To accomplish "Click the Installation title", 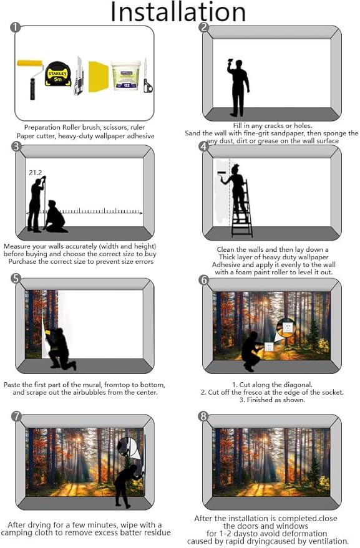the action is pos(178,12).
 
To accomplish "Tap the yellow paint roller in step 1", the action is pos(31,79).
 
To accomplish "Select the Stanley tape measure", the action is pos(58,74).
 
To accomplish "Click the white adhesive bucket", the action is pos(125,76).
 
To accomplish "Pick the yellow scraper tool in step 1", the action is pos(98,77).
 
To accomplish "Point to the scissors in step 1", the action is pos(147,76).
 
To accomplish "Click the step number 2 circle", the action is pos(203,27).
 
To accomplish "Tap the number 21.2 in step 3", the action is pos(36,173).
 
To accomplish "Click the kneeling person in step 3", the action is pos(56,217).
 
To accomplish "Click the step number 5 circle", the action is pos(16,279).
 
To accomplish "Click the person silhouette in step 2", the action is pos(238,87).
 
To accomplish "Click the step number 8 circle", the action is pos(203,416).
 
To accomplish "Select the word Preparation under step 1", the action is pos(42,128).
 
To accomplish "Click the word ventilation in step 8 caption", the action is pos(329,541).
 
